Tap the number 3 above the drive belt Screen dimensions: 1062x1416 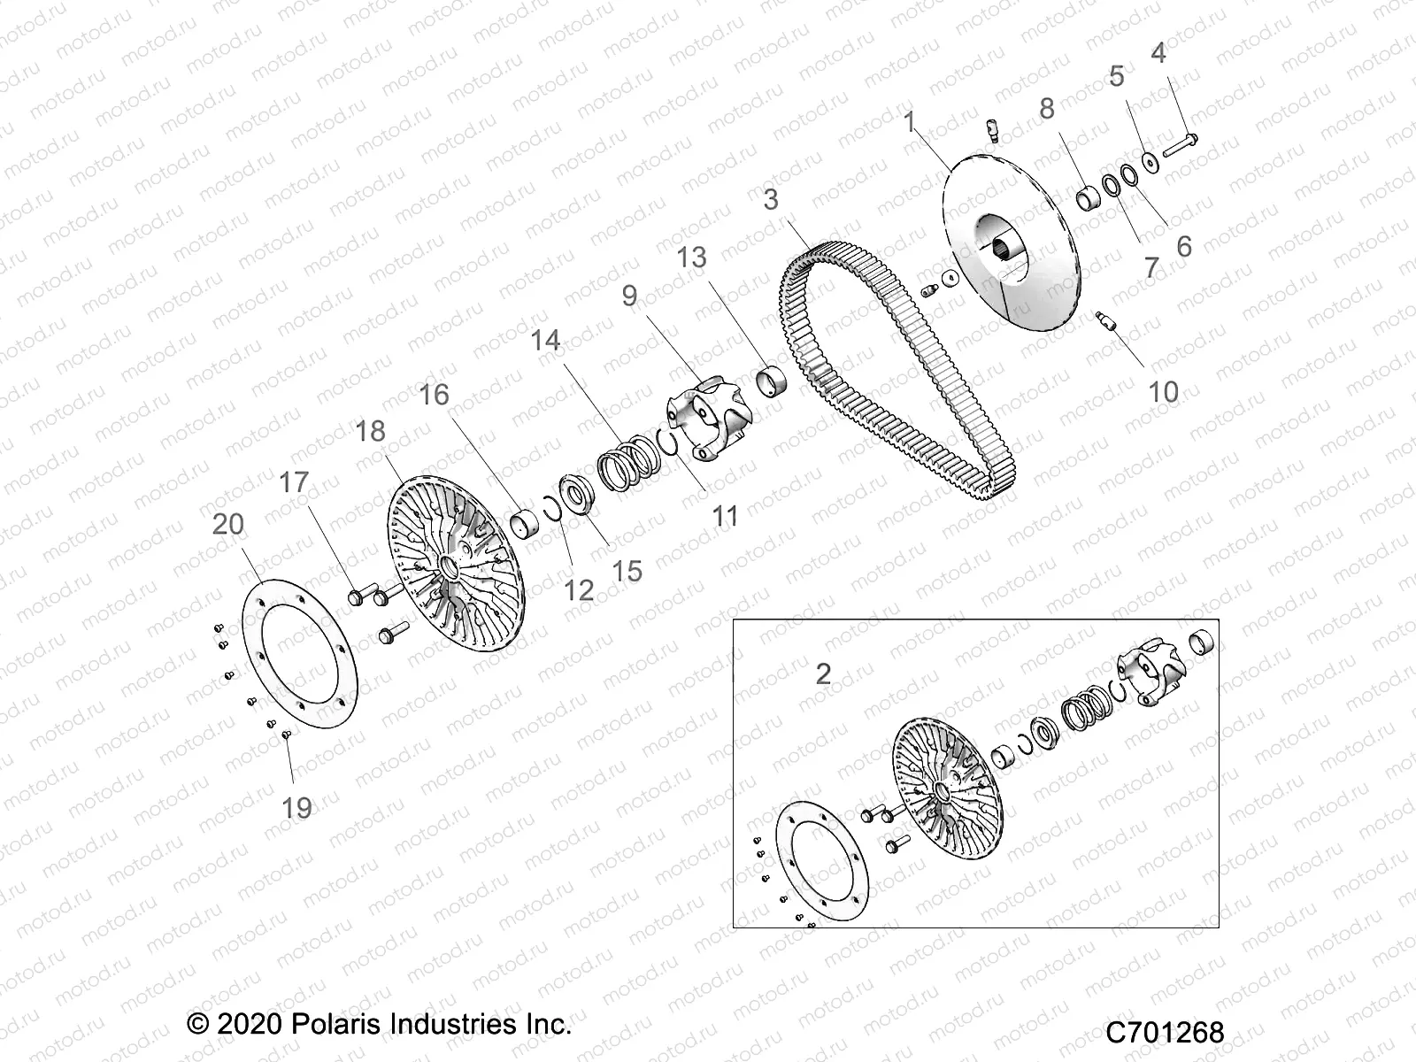771,200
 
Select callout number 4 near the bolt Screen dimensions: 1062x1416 1158,54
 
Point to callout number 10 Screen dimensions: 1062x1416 1163,391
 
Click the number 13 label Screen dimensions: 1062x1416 692,258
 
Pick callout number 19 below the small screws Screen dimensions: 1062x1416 297,807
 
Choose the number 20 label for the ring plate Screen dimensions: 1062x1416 228,524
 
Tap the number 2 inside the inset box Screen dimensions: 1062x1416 823,674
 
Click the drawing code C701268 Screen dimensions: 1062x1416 1165,1032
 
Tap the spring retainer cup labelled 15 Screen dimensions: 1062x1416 578,493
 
